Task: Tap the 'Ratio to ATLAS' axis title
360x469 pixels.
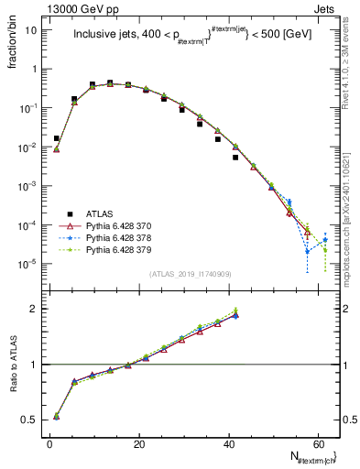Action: click(12, 365)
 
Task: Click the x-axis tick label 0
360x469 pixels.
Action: click(49, 445)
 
